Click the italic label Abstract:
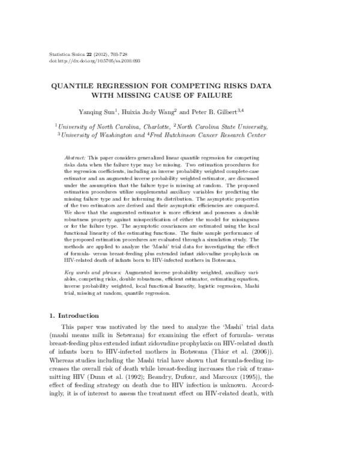pyautogui.click(x=74, y=157)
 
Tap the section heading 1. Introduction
pyautogui.click(x=77, y=315)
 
